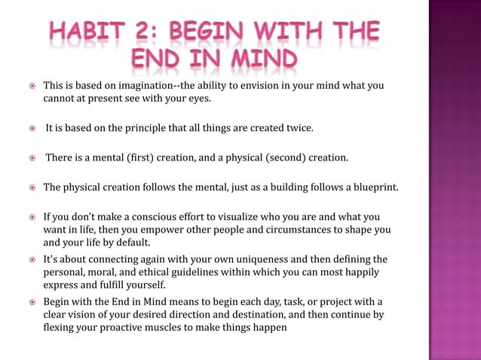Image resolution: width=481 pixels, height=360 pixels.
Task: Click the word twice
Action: pyautogui.click(x=296, y=128)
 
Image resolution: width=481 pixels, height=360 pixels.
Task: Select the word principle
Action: pyautogui.click(x=154, y=128)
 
